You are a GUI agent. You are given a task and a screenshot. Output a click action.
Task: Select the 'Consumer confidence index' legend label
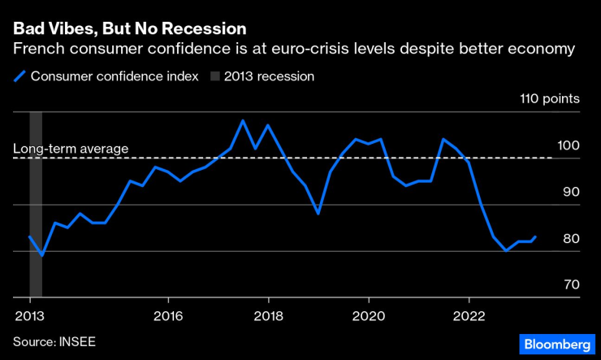(115, 76)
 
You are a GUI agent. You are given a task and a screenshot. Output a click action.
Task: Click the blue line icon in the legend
(19, 76)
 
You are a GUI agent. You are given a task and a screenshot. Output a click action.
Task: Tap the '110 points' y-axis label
(550, 100)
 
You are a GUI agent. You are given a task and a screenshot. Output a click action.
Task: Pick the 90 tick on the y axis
(569, 193)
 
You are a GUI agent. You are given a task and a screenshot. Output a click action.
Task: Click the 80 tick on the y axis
(569, 239)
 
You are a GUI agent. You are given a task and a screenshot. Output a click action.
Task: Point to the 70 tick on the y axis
(569, 285)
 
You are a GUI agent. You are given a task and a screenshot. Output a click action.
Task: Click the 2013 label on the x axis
(29, 314)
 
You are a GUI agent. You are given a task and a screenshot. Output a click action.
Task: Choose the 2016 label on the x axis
(167, 314)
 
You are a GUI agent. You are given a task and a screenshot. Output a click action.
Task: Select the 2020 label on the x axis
(370, 314)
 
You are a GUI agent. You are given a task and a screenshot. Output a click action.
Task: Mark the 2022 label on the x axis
(470, 314)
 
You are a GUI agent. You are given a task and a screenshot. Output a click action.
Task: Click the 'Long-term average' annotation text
(71, 149)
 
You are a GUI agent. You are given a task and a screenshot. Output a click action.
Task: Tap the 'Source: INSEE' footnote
(54, 341)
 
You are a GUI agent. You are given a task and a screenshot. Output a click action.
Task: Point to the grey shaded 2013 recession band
(36, 203)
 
